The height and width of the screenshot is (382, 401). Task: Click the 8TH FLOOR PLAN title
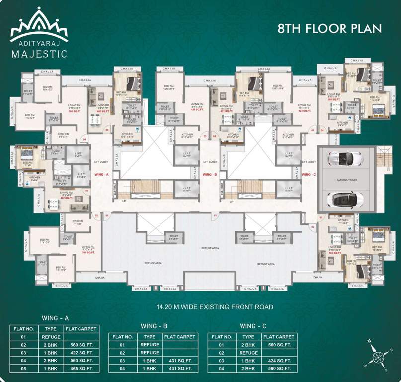pos(329,28)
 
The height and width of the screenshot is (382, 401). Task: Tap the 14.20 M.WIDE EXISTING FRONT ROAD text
pos(200,307)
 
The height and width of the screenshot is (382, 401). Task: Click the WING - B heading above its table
pos(153,326)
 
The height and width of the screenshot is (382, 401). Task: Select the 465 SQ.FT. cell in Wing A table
pos(81,369)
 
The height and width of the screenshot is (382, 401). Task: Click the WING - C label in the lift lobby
pos(308,175)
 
